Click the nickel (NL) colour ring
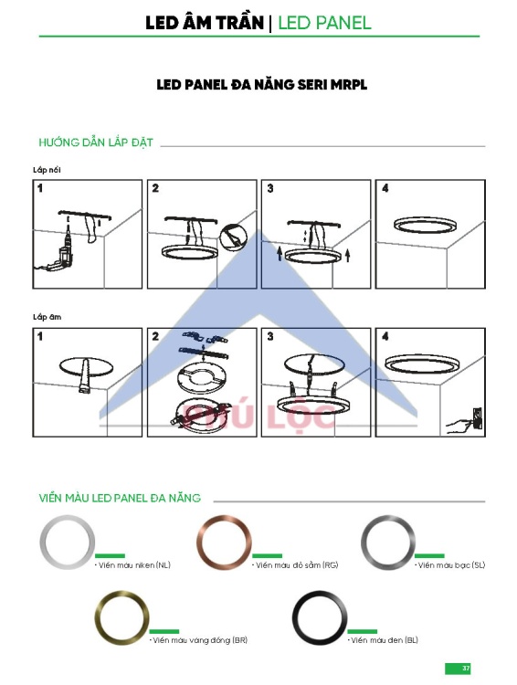pyautogui.click(x=43, y=543)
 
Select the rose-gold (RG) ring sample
pyautogui.click(x=200, y=543)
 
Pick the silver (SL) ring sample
pyautogui.click(x=364, y=543)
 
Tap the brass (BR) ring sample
pyautogui.click(x=99, y=617)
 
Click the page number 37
pyautogui.click(x=466, y=669)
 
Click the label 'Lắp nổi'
pyautogui.click(x=47, y=170)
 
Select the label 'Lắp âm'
pyautogui.click(x=47, y=317)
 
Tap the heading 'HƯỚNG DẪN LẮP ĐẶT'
pyautogui.click(x=96, y=142)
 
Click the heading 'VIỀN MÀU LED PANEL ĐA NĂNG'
pyautogui.click(x=120, y=498)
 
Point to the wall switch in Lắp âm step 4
pyautogui.click(x=478, y=418)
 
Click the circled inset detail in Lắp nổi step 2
pyautogui.click(x=233, y=237)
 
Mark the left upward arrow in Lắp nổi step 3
pyautogui.click(x=280, y=254)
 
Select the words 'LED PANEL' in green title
pyautogui.click(x=324, y=23)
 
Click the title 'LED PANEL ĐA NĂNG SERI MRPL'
pyautogui.click(x=262, y=85)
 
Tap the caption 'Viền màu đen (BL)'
pyautogui.click(x=384, y=640)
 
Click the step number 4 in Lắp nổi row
pyautogui.click(x=385, y=188)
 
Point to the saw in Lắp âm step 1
pyautogui.click(x=83, y=375)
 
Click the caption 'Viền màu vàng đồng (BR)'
pyautogui.click(x=199, y=640)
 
